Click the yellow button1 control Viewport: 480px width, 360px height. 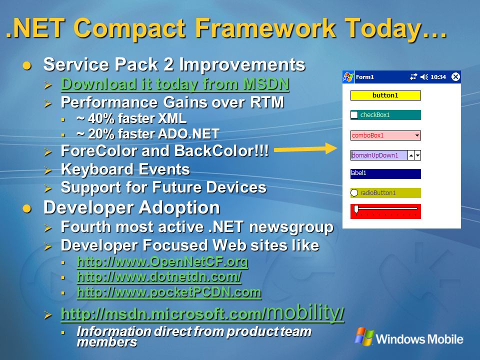tap(385, 95)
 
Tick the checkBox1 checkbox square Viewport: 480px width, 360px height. tap(354, 115)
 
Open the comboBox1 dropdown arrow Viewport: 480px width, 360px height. tap(417, 135)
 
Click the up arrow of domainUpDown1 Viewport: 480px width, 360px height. tap(411, 155)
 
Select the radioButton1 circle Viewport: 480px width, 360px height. tap(354, 193)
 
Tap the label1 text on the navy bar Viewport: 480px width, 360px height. tap(358, 173)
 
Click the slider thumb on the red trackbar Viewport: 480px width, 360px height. tap(356, 209)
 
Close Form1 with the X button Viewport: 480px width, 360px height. tap(455, 77)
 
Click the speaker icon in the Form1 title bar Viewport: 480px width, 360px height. tap(424, 77)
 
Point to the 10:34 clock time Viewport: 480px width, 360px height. tap(438, 77)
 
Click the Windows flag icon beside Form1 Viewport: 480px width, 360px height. tap(348, 77)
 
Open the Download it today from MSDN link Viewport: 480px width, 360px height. tap(175, 84)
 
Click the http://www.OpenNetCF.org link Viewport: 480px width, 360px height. tap(162, 261)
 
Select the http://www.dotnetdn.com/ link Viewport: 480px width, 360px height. tap(159, 276)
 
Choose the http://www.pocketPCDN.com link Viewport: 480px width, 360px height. tap(169, 292)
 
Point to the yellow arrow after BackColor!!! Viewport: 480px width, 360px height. tap(305, 149)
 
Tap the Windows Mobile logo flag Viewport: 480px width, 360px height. tap(364, 336)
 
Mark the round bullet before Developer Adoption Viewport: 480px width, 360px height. tap(27, 208)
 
